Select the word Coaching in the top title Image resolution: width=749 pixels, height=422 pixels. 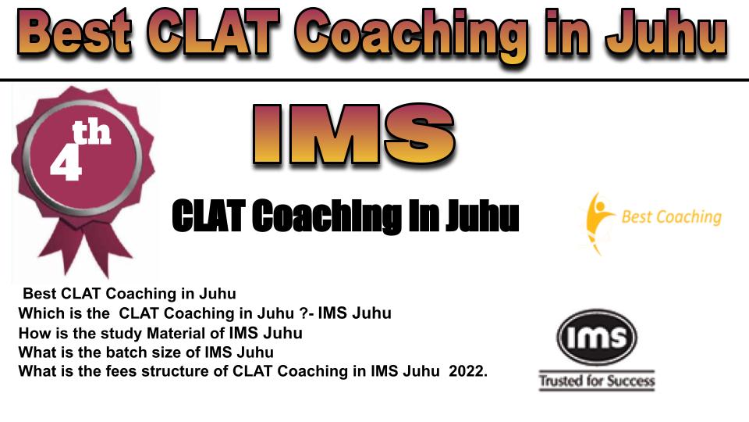[412, 36]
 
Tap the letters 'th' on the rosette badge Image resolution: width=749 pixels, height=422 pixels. [91, 133]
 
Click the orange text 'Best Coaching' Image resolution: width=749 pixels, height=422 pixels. [671, 217]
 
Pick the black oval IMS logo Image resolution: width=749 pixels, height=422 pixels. [597, 337]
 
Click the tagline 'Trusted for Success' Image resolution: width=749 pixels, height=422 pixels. [597, 381]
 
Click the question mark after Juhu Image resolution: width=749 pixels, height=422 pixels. [304, 313]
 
